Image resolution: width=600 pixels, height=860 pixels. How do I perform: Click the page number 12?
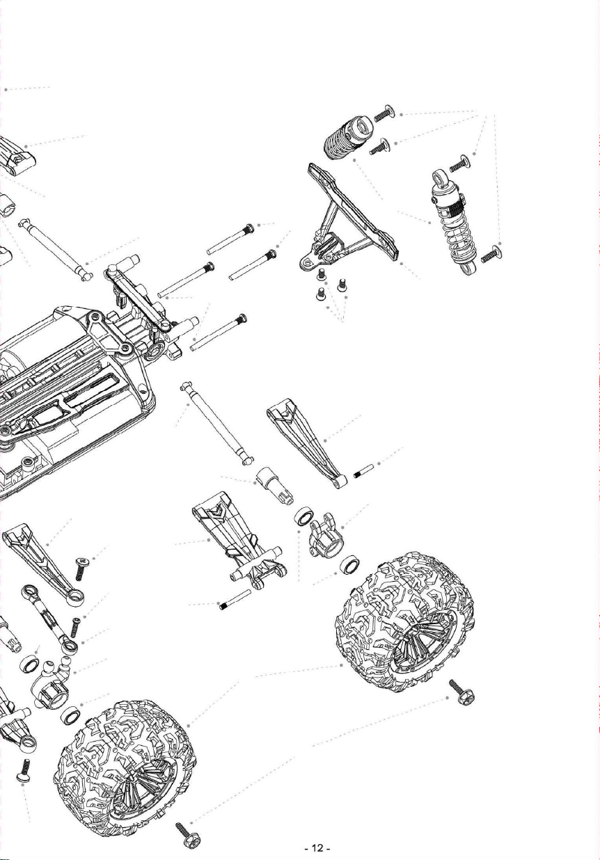click(317, 847)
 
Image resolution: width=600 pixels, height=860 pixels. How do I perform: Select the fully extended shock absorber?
click(454, 223)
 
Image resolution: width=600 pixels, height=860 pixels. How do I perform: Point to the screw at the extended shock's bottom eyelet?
click(491, 254)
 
